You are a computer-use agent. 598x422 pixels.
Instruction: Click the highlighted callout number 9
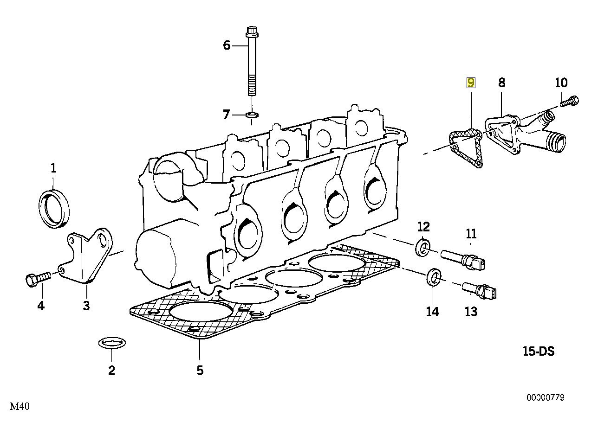pos(471,83)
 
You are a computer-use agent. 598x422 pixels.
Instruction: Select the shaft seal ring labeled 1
pos(55,208)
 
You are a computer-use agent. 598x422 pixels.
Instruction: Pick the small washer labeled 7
pos(252,114)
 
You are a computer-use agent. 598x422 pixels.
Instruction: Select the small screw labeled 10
pos(569,100)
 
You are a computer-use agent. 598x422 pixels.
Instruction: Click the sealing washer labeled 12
pos(423,247)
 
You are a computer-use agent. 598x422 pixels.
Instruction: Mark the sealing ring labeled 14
pos(434,277)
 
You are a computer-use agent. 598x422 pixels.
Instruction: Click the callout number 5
pos(199,370)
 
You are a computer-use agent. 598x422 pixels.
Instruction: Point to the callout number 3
pos(86,306)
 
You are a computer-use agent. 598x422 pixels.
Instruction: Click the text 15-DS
pos(538,352)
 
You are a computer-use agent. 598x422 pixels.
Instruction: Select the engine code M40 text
pos(20,407)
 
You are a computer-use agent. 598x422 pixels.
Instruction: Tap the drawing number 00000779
pos(545,397)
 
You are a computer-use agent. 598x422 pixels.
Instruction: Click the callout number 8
pos(501,83)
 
